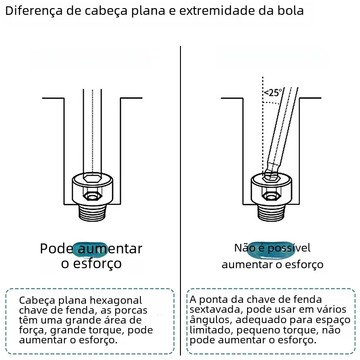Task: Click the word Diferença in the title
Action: coord(34,11)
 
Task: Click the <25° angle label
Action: coord(273,93)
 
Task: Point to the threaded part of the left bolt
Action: coord(93,212)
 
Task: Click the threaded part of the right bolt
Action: coord(271,212)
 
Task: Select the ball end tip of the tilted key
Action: coord(271,175)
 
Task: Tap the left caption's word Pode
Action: coord(57,248)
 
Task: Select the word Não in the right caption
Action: coord(244,248)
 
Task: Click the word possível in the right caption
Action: coord(289,248)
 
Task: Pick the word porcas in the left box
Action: coord(131,310)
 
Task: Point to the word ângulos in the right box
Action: coord(211,320)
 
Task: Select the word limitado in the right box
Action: coord(211,330)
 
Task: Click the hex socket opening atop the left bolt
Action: coord(92,178)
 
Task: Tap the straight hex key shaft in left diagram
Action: coord(92,131)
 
